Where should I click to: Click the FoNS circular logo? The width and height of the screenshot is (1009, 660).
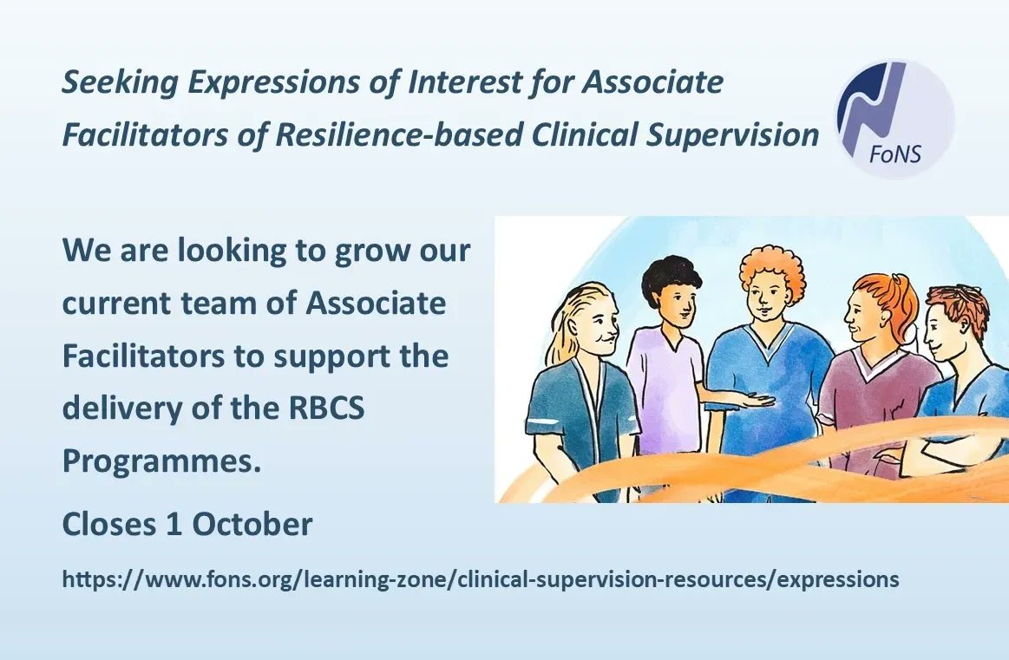point(894,119)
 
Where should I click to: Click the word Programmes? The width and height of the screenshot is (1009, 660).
point(161,461)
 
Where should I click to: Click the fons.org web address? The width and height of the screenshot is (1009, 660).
point(481,580)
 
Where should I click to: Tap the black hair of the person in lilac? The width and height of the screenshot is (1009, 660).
point(669,279)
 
